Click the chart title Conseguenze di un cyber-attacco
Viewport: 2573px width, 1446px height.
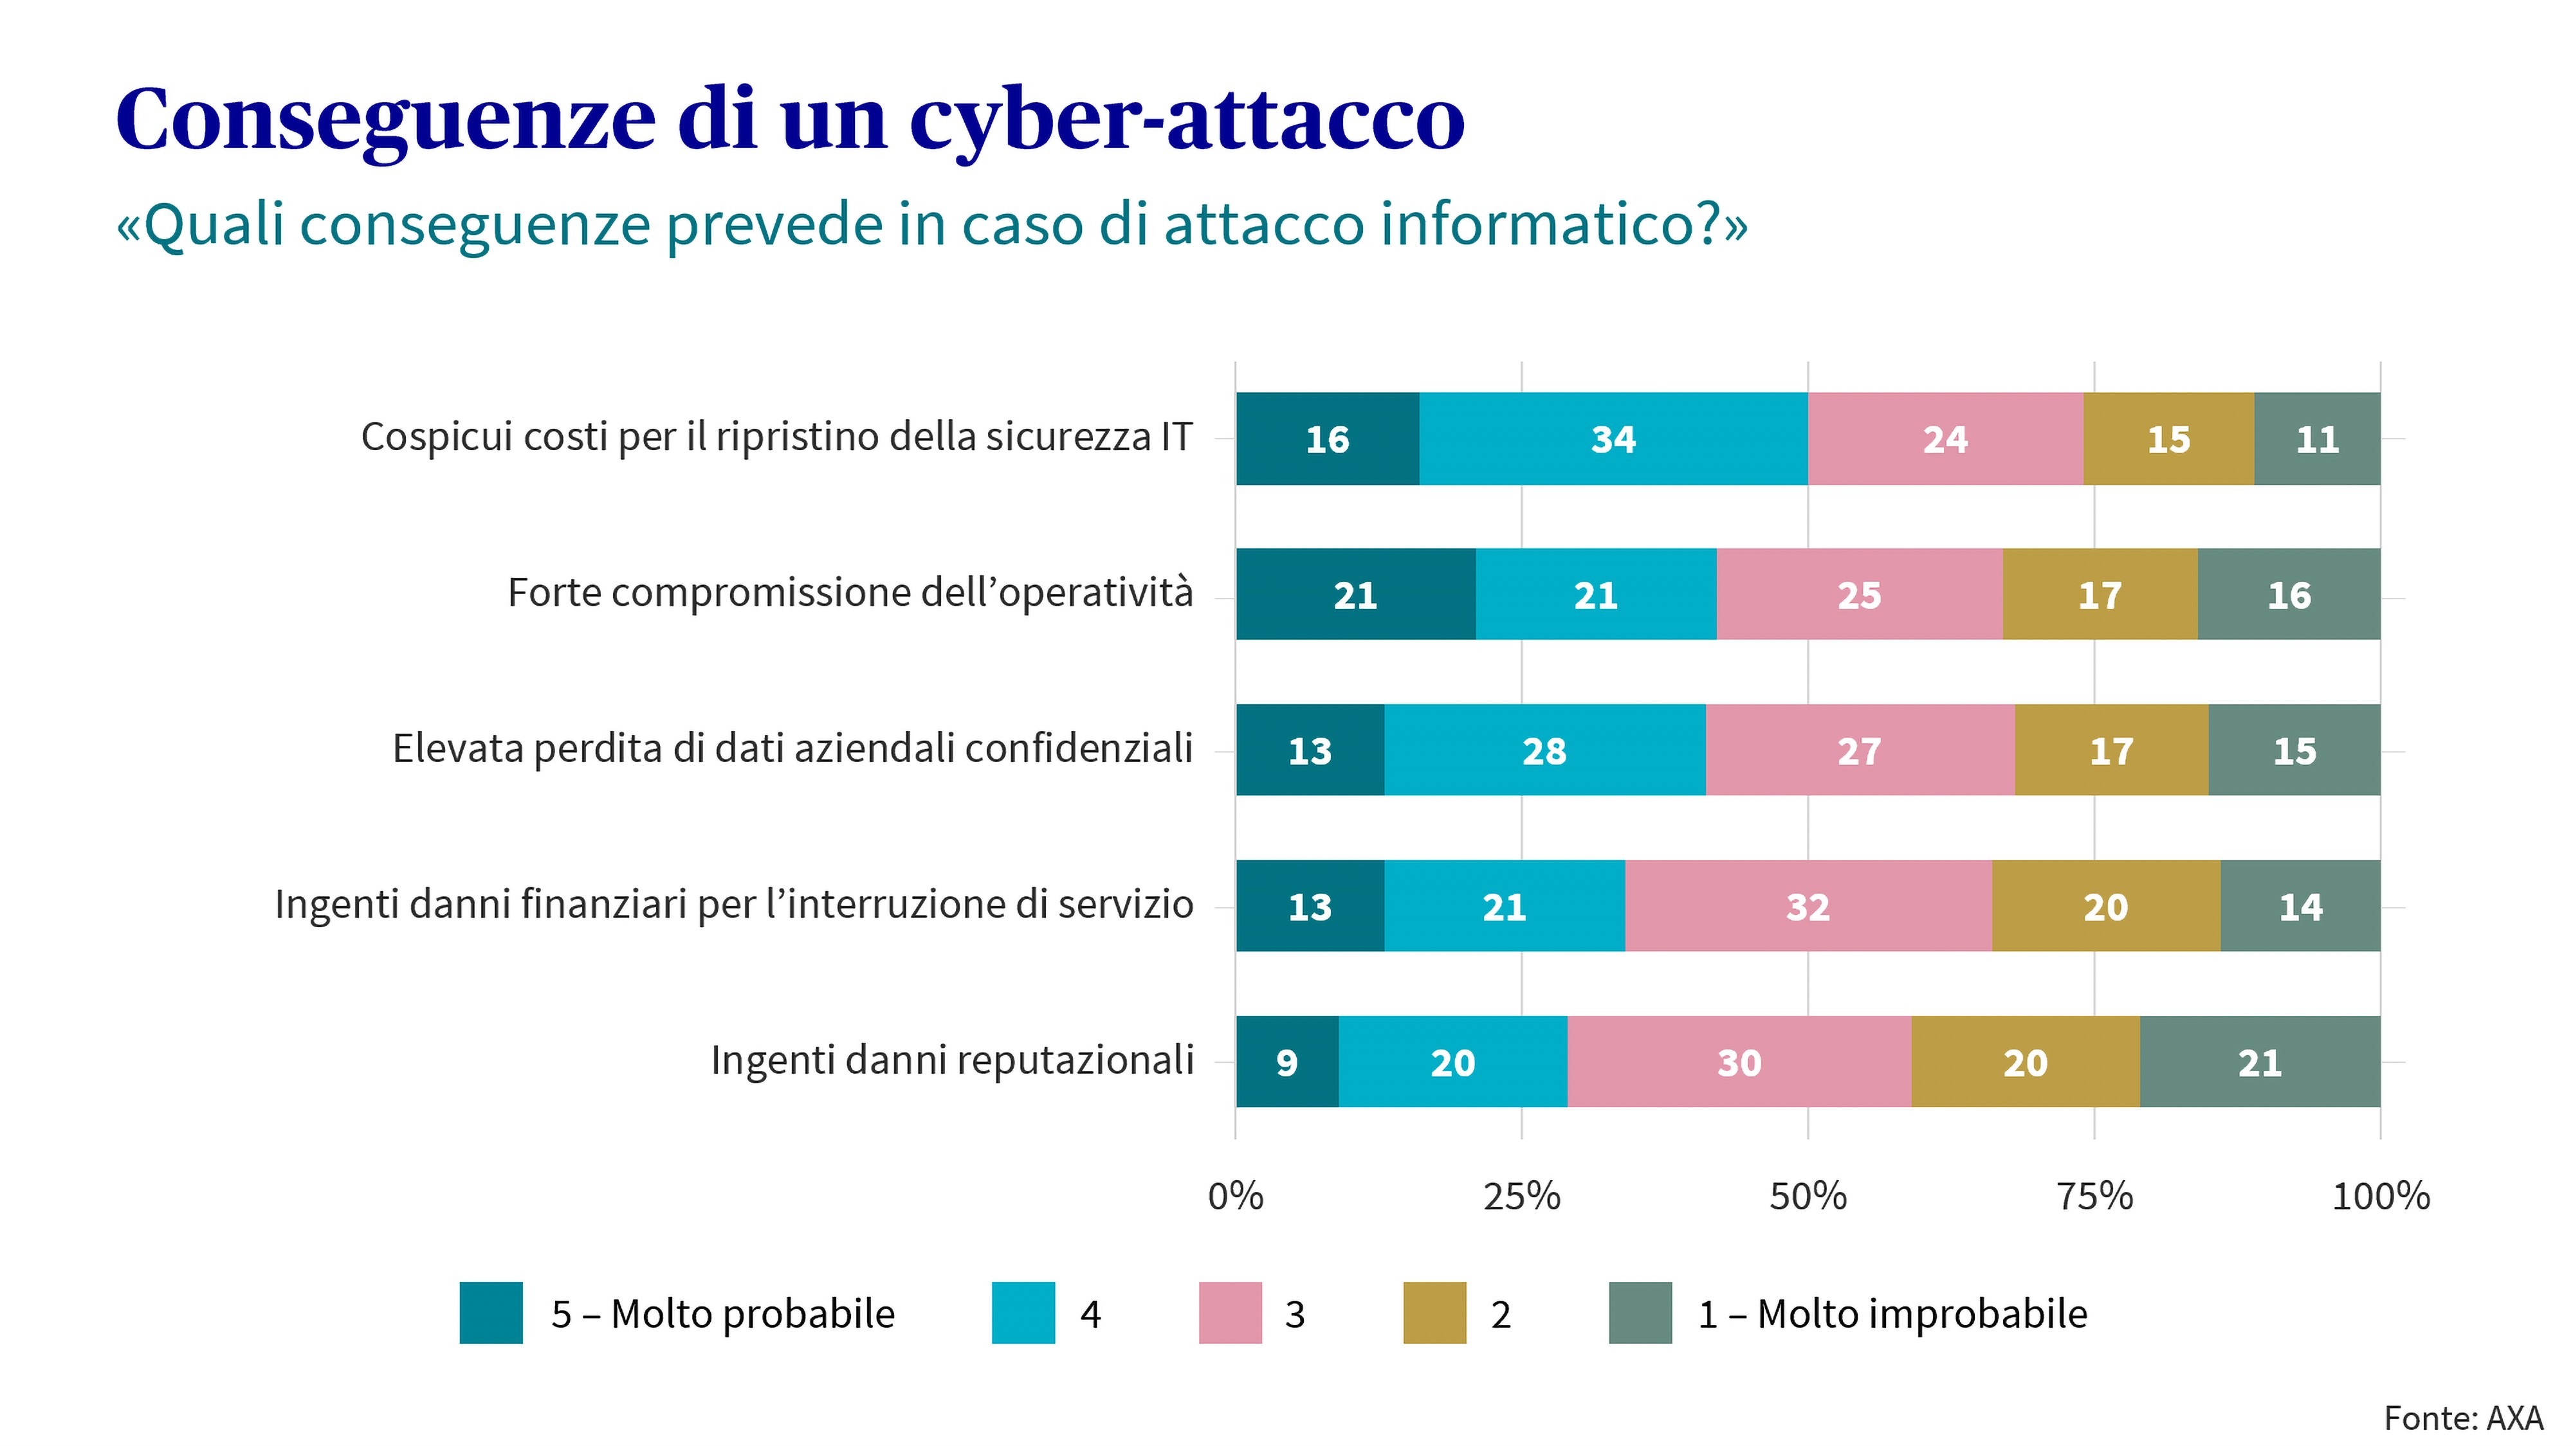coord(789,120)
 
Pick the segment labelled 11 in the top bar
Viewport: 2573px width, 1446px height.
coord(2316,439)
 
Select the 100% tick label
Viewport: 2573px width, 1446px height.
coord(2379,1195)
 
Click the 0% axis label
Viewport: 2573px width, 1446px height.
coord(1236,1195)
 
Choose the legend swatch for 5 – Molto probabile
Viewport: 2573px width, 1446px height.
coord(490,1312)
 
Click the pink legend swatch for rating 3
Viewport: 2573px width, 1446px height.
coord(1229,1312)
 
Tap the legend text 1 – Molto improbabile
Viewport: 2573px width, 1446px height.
coord(1892,1313)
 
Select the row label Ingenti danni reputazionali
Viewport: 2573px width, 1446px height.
coord(952,1060)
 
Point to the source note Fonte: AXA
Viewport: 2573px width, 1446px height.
coord(2462,1418)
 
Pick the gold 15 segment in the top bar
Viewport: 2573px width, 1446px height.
coord(2168,439)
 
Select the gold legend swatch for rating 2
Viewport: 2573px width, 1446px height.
coord(1434,1312)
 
